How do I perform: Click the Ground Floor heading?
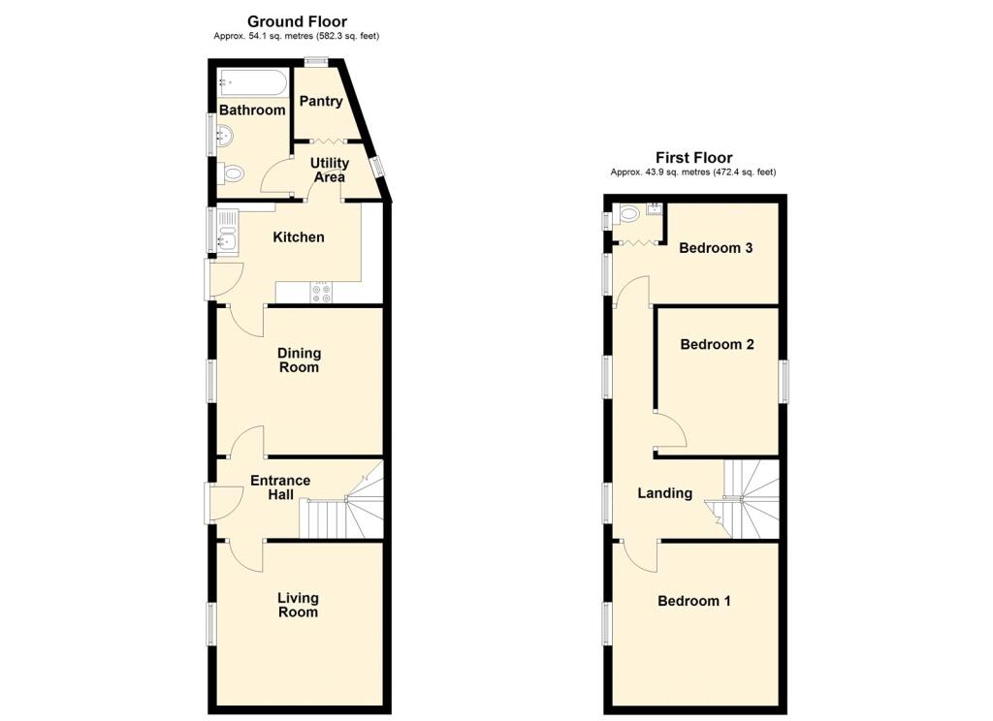coord(297,21)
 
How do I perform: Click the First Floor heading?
coord(693,158)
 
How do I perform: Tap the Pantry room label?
coord(321,102)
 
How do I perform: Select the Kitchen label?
coord(299,237)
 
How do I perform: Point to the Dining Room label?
coord(299,360)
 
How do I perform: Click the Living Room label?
coord(298,605)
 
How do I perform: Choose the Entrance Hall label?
coord(280,487)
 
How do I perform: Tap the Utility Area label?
coord(330,170)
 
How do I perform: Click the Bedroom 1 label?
coord(694,601)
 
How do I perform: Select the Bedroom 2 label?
coord(717,344)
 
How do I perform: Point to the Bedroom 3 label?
coord(716,247)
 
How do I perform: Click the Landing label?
coord(665,493)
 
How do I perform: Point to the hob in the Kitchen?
coord(321,292)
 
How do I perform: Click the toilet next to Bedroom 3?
coord(627,213)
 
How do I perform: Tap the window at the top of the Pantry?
coord(315,62)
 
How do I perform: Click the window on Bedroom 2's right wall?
coord(784,381)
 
